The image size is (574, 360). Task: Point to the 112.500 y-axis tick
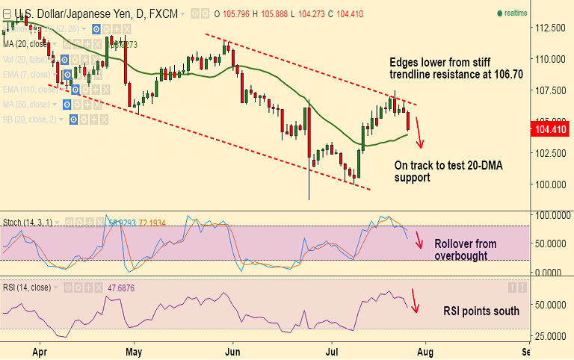pyautogui.click(x=551, y=28)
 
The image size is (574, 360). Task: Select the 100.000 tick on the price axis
pyautogui.click(x=551, y=184)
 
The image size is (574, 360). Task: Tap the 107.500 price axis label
pyautogui.click(x=551, y=90)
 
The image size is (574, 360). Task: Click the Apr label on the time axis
pyautogui.click(x=41, y=350)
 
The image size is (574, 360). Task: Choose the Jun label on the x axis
pyautogui.click(x=234, y=350)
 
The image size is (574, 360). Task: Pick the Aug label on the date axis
pyautogui.click(x=425, y=350)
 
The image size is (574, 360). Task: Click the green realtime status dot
pyautogui.click(x=499, y=13)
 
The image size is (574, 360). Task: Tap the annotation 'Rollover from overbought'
pyautogui.click(x=465, y=250)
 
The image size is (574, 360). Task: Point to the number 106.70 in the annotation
pyautogui.click(x=507, y=75)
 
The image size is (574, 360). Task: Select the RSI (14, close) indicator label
pyautogui.click(x=29, y=287)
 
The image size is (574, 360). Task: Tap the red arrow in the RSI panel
pyautogui.click(x=415, y=301)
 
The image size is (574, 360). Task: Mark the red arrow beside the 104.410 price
pyautogui.click(x=419, y=132)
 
